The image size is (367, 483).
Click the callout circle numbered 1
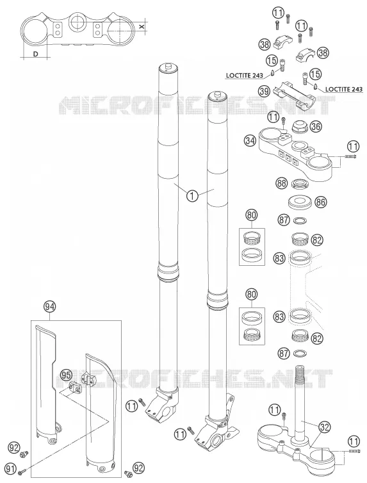(x=192, y=195)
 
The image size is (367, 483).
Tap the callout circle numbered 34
(x=250, y=141)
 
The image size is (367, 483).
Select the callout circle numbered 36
(x=316, y=126)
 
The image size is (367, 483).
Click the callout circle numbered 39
(x=264, y=91)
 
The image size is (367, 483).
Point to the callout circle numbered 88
(x=281, y=184)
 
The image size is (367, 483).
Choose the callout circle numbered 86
(x=321, y=202)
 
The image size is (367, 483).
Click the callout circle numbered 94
(x=49, y=306)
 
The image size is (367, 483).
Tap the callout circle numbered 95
(x=65, y=375)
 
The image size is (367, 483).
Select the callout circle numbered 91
(x=11, y=469)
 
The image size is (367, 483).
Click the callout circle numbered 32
(x=324, y=427)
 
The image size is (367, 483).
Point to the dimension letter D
(x=36, y=54)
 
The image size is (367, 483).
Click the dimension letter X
(x=142, y=26)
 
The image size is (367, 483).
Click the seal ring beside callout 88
(x=299, y=183)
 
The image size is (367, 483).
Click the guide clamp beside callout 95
(x=75, y=386)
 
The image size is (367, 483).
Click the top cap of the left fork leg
(x=168, y=67)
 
